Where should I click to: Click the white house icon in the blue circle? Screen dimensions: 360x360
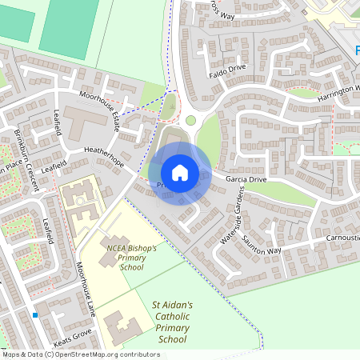[x=179, y=172]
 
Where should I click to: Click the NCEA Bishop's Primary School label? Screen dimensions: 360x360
[x=131, y=257]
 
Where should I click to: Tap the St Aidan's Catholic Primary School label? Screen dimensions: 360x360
[x=172, y=322]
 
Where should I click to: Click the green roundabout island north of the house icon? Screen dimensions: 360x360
[x=190, y=122]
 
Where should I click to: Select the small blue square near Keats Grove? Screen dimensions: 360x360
[x=36, y=315]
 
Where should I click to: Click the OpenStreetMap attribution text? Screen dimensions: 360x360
[x=81, y=354]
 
